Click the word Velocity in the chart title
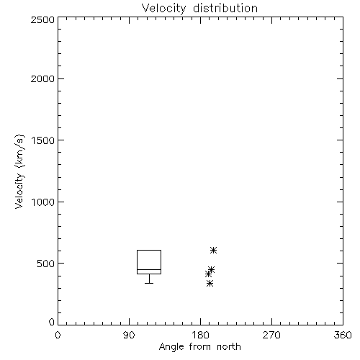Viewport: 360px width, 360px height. click(x=164, y=9)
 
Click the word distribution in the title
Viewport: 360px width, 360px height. click(x=225, y=8)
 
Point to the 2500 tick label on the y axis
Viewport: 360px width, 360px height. click(x=42, y=19)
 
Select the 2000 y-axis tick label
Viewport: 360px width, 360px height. click(x=42, y=78)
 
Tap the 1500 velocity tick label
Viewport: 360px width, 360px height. click(x=43, y=140)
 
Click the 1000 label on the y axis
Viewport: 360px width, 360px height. click(x=43, y=202)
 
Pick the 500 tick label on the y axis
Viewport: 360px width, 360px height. click(x=46, y=264)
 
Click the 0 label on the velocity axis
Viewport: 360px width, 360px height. click(x=52, y=322)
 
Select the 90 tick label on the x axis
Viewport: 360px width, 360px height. click(x=129, y=335)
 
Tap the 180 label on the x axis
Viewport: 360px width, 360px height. click(x=200, y=335)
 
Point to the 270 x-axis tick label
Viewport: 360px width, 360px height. click(x=271, y=335)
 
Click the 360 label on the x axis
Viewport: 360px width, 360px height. click(x=343, y=335)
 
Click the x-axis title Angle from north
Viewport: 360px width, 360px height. click(x=200, y=347)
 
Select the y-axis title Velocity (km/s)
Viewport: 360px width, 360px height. click(x=19, y=171)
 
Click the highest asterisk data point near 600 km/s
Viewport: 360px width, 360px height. click(x=213, y=251)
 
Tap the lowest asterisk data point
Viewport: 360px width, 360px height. click(x=210, y=284)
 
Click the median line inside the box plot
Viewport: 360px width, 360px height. click(x=149, y=269)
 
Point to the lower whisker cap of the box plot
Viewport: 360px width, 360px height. click(x=149, y=283)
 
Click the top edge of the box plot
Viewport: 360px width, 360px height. click(x=149, y=251)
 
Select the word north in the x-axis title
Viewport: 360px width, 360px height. click(x=229, y=346)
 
